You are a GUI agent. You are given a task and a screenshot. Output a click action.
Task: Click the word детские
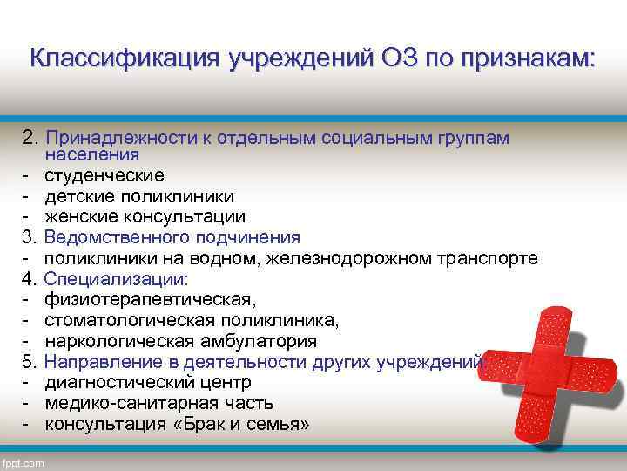(76, 197)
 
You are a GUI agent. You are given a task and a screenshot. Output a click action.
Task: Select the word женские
(79, 216)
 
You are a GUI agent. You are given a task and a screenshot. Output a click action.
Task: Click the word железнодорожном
(367, 258)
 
